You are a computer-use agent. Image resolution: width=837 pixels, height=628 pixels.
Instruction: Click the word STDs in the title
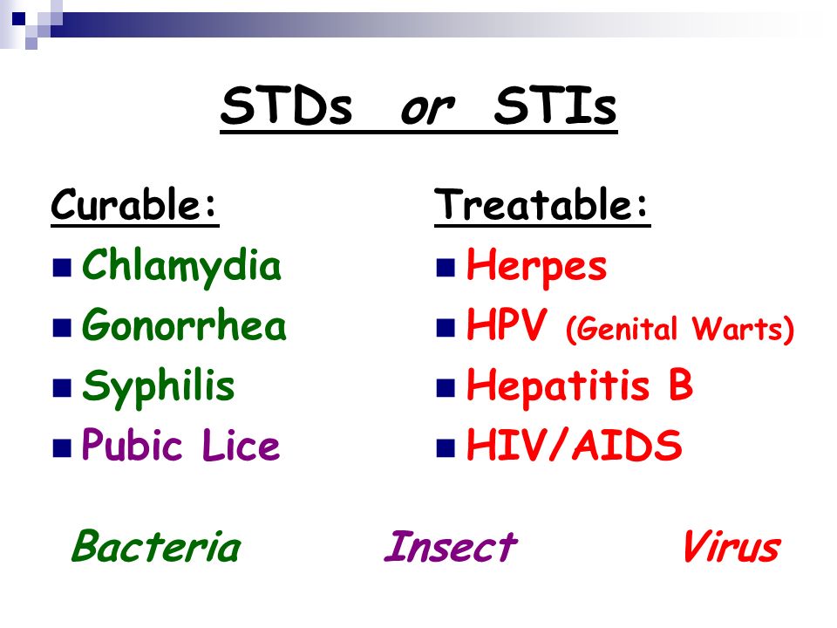287,106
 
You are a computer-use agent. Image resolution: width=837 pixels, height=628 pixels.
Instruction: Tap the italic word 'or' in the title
427,109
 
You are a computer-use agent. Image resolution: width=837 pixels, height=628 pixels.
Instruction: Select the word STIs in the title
555,106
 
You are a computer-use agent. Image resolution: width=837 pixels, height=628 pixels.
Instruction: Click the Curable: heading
134,204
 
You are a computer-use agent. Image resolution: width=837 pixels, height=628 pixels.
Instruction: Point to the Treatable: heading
542,204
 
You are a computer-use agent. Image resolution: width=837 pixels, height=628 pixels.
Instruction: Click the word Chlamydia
181,267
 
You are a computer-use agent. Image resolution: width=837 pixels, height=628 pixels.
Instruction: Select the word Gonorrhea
184,324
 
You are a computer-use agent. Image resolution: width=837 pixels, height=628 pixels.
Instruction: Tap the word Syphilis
159,386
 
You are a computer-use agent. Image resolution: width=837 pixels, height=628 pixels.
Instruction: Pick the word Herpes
536,267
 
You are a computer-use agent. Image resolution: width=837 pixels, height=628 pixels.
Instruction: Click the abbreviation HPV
507,324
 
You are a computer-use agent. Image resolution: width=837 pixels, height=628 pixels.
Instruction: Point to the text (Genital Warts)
679,330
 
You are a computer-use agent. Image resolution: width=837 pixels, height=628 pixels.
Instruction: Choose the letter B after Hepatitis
681,384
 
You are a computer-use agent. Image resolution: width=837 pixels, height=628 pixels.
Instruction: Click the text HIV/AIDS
575,445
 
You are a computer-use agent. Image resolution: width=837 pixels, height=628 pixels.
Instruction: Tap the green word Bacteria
156,546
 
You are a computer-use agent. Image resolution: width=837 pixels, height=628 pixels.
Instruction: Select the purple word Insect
451,546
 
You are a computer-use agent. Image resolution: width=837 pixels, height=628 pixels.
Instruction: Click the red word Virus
732,546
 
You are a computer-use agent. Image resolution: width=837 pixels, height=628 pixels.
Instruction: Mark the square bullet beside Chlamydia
62,268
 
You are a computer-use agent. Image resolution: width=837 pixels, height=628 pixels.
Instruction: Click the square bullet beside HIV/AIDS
446,448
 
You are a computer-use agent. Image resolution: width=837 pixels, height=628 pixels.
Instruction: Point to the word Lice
241,445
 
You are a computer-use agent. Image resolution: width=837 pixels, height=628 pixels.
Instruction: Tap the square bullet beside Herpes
446,268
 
